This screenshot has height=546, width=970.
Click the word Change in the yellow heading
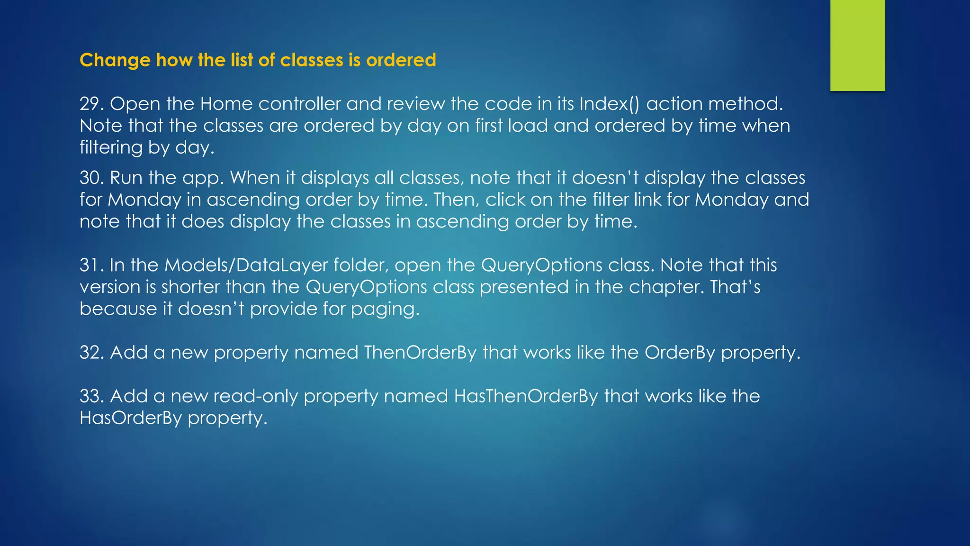pos(115,61)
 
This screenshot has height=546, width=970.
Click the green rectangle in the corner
pos(857,45)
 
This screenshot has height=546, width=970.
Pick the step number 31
pos(90,265)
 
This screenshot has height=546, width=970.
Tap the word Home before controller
pos(226,104)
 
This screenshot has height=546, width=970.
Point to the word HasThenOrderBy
pos(526,396)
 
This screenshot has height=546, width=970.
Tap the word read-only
pos(255,396)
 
